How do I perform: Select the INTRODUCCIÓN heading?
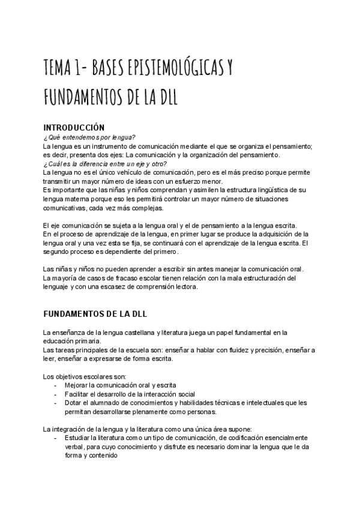pyautogui.click(x=74, y=127)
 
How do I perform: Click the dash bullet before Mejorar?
pyautogui.click(x=56, y=385)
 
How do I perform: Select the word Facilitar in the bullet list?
pyautogui.click(x=79, y=394)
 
